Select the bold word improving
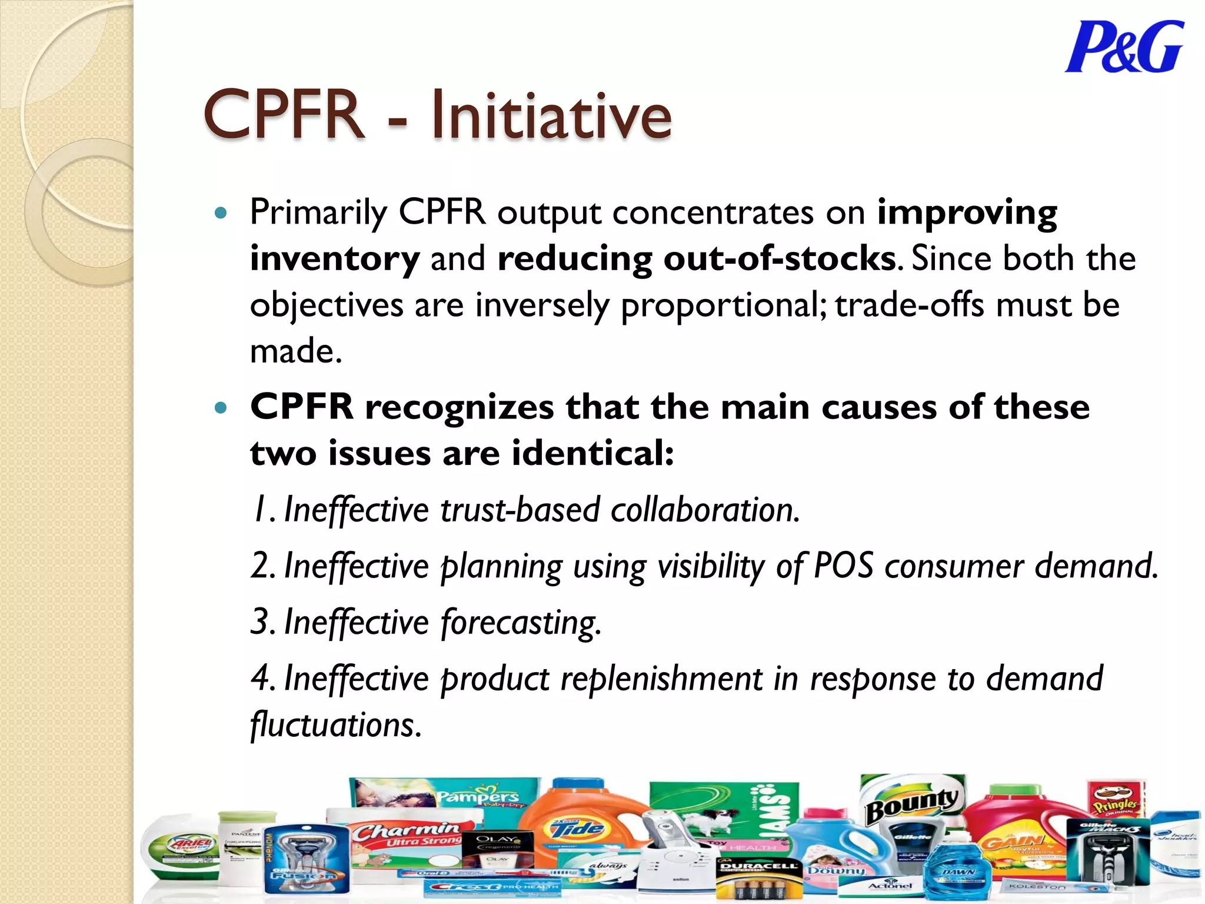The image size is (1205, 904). click(967, 213)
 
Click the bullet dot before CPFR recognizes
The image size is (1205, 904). click(221, 407)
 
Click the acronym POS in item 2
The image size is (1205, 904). click(844, 566)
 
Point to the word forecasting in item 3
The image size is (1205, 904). click(521, 623)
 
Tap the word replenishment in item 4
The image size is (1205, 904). click(661, 679)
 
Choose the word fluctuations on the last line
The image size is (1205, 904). click(335, 725)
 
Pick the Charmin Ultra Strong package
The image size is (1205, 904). click(406, 839)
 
